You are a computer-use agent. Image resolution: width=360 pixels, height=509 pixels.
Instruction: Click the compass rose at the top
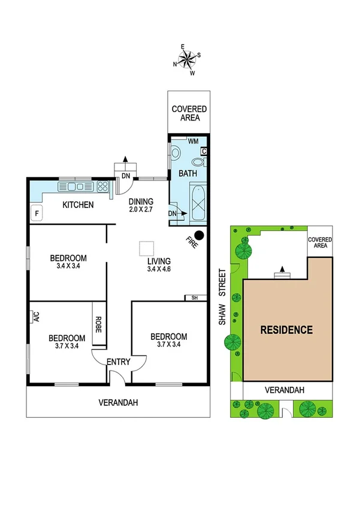[x=187, y=59]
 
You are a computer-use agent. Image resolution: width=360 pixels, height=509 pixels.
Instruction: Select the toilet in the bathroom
[x=175, y=153]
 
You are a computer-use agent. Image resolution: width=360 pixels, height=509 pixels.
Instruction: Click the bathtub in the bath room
[x=197, y=204]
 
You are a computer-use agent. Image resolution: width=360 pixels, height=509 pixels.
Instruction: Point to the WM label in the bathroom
[x=193, y=141]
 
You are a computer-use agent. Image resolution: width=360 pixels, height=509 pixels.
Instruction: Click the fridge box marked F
[x=37, y=213]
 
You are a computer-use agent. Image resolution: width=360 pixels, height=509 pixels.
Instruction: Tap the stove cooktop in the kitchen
[x=102, y=186]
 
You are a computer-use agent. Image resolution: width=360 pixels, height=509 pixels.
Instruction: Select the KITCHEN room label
[x=78, y=205]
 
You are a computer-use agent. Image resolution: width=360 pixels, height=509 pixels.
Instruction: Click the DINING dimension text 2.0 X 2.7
[x=141, y=210]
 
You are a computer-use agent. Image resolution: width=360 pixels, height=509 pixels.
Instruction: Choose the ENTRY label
[x=119, y=362]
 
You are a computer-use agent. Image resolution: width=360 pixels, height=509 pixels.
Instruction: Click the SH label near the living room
[x=194, y=298]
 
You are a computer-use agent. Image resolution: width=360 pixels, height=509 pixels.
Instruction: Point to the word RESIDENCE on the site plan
[x=286, y=330]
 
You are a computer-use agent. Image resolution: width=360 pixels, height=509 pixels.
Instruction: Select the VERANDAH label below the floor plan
[x=119, y=403]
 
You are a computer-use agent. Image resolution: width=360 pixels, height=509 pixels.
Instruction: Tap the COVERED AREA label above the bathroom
[x=189, y=113]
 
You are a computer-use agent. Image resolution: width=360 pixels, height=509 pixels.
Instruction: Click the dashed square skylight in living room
[x=146, y=248]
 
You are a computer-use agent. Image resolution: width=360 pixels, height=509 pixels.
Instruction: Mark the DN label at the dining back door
[x=125, y=176]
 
